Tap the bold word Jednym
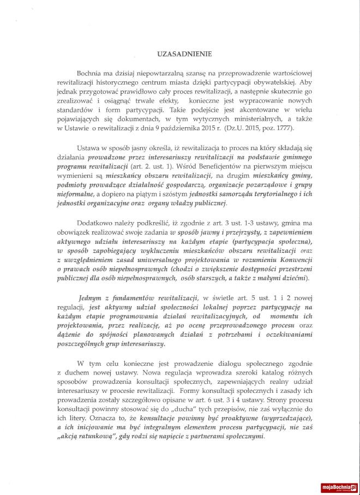(91, 301)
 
